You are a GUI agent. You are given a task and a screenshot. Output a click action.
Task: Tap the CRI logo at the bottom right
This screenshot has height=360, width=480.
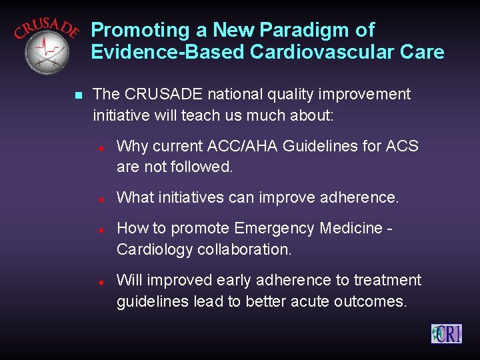click(446, 333)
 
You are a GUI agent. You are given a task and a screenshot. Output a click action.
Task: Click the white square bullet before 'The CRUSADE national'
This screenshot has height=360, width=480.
click(78, 95)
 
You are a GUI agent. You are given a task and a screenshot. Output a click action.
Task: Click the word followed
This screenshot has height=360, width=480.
click(200, 167)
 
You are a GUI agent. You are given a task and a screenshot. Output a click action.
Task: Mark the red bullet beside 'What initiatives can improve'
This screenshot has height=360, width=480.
click(99, 199)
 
